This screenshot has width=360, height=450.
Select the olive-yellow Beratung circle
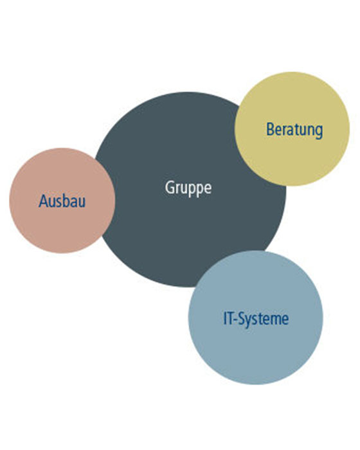[292, 129]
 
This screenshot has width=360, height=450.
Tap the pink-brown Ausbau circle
[62, 201]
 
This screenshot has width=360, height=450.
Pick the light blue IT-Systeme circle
[255, 318]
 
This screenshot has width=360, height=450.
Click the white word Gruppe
[188, 188]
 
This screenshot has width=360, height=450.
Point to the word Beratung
[294, 130]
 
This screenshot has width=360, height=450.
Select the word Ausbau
[62, 201]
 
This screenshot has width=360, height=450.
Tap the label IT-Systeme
[256, 319]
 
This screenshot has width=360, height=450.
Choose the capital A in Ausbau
[43, 201]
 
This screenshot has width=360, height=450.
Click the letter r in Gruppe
[178, 189]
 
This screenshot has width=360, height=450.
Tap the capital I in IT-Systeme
[225, 318]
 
